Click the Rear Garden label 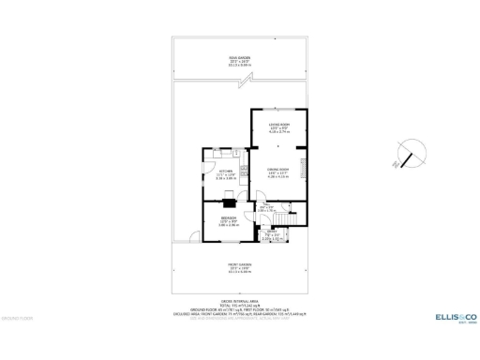239,60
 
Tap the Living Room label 279,129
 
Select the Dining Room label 277,172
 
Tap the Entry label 271,236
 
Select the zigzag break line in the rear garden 241,82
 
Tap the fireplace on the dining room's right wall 302,170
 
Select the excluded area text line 240,315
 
